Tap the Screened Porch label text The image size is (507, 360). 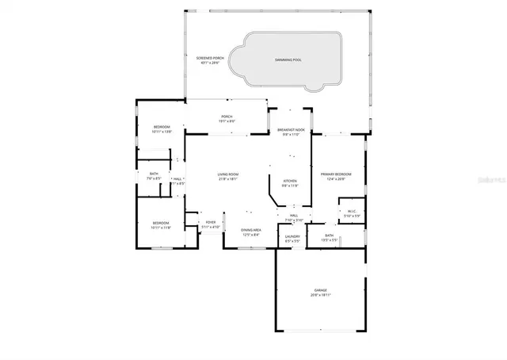coord(211,58)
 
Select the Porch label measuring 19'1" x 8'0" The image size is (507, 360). coord(227,117)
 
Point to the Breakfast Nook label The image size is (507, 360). coord(292,129)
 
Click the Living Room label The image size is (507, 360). coord(228,174)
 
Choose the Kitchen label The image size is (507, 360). coord(291,182)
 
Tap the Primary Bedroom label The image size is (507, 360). coord(337,174)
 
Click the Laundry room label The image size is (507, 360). coord(292,236)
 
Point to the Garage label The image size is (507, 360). coord(320,290)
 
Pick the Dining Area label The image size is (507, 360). coord(251,230)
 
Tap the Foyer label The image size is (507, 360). coord(211,222)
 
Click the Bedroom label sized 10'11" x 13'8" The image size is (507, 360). coord(162,128)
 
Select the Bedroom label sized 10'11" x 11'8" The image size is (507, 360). coord(162,223)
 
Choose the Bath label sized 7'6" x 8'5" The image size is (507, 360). coord(154,174)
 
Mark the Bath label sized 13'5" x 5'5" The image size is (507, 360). coord(330,236)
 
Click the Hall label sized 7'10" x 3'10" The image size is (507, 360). coord(293,216)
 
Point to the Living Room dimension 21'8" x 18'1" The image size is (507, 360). coord(228,179)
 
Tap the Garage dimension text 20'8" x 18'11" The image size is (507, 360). coord(320,295)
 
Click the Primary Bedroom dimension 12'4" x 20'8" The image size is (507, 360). coord(337,178)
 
